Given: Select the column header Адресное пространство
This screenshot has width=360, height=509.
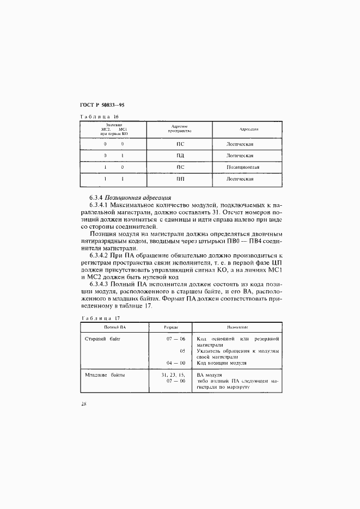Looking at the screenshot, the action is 180,129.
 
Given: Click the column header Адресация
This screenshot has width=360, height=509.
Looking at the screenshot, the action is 248,130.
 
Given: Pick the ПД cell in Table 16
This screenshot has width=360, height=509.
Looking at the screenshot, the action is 180,156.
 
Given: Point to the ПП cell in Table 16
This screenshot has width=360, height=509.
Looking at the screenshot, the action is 180,179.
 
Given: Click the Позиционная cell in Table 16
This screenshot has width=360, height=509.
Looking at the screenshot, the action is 243,167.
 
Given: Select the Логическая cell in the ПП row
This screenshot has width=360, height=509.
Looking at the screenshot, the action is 241,179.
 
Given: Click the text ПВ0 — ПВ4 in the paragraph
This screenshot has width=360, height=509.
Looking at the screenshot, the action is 247,240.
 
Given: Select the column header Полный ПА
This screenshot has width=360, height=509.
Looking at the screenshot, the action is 115,328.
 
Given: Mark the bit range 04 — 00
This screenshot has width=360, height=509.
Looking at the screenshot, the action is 176,363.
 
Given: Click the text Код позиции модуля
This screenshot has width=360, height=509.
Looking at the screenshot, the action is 223,363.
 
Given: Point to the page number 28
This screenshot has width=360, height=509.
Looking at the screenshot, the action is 83,404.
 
